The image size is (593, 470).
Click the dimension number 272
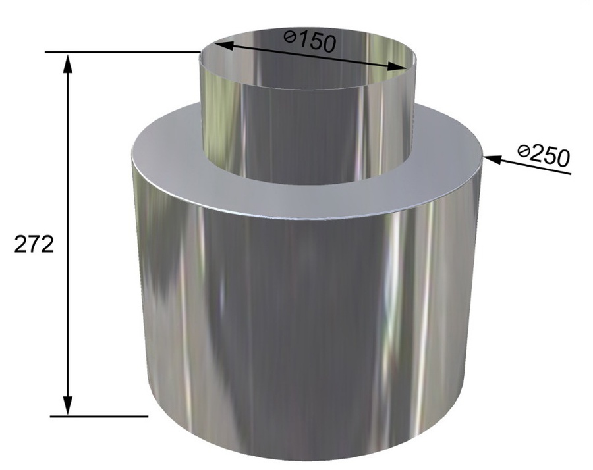pos(34,246)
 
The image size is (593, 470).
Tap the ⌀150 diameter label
pos(310,40)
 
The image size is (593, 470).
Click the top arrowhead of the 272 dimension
pos(68,63)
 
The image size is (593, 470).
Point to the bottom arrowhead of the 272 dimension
pos(68,405)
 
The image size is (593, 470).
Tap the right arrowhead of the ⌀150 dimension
pos(395,66)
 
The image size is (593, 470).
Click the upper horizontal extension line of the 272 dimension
pos(123,52)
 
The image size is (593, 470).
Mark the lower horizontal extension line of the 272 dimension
pos(99,416)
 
